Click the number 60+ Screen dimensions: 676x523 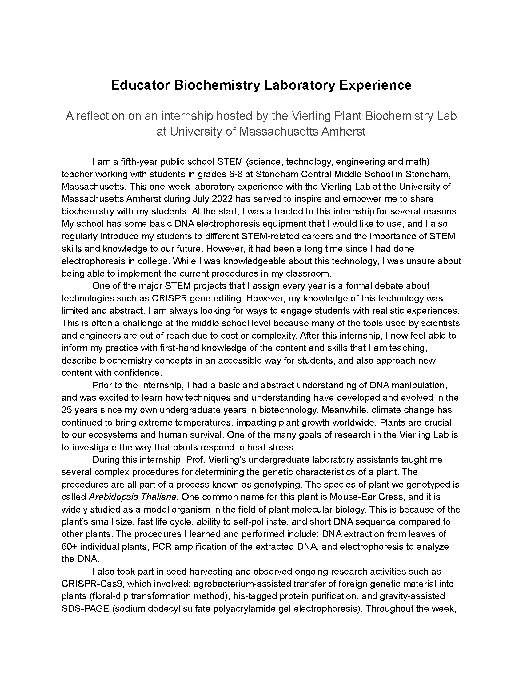click(69, 546)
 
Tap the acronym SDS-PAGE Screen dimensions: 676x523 click(85, 608)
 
